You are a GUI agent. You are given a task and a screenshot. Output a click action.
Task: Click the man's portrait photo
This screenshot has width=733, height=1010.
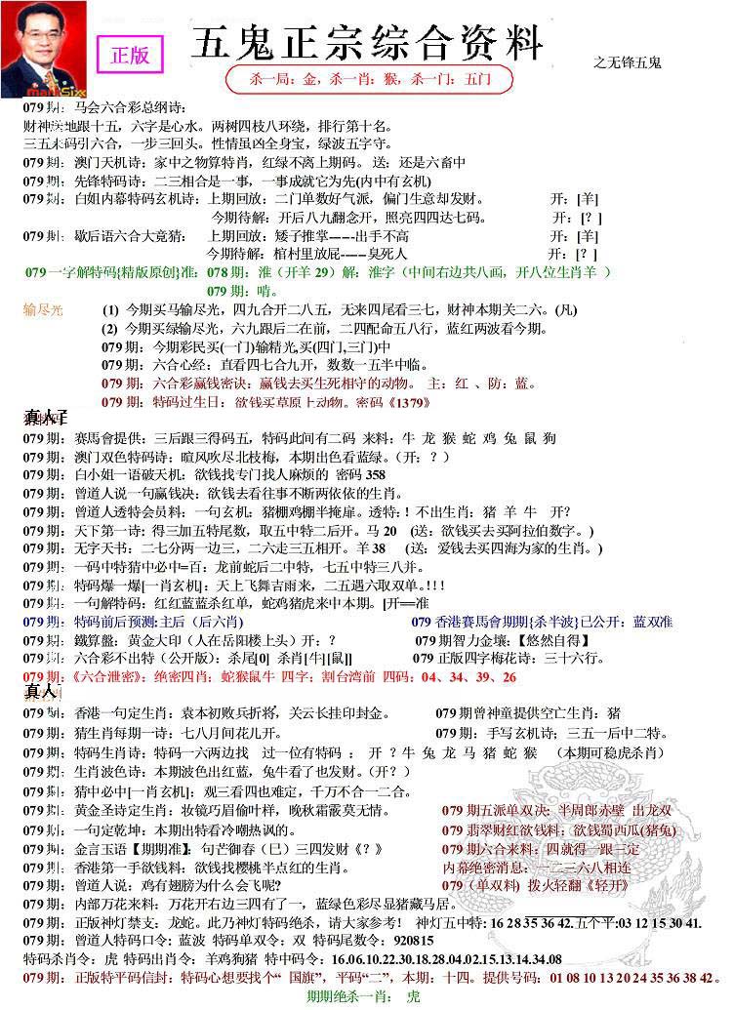tap(43, 49)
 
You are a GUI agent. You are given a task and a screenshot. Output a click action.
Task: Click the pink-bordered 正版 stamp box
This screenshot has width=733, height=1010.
tap(131, 55)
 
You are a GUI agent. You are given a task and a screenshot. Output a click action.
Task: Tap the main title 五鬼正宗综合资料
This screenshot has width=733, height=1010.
tap(367, 45)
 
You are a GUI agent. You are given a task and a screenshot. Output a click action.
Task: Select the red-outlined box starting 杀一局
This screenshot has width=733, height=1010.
tap(366, 79)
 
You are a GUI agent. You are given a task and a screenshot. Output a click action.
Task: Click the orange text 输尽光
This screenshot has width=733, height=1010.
tap(43, 310)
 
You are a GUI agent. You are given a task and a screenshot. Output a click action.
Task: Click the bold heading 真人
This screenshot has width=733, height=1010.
tap(40, 692)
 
